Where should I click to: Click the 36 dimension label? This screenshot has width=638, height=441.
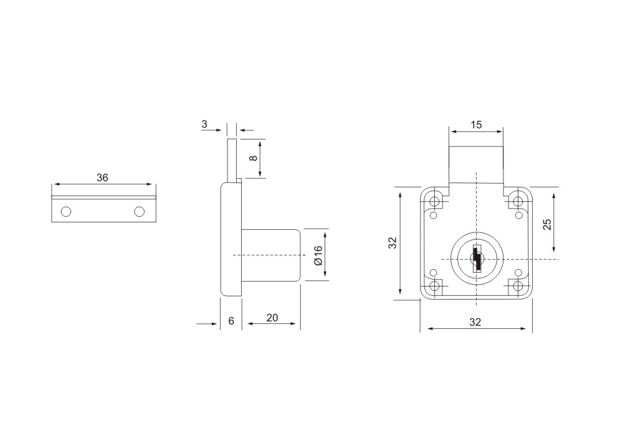[103, 178]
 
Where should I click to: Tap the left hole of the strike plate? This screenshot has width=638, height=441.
[66, 212]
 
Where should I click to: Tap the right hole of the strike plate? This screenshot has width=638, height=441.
[140, 212]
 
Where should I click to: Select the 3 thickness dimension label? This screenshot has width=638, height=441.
[204, 124]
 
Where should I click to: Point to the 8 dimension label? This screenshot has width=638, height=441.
[254, 158]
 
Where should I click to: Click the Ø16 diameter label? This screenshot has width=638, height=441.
[318, 255]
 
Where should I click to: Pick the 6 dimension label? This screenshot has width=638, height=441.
[231, 321]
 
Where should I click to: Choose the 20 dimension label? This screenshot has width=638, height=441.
[272, 318]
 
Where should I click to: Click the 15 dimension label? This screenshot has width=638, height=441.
[476, 125]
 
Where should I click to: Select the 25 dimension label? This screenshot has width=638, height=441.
[547, 224]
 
